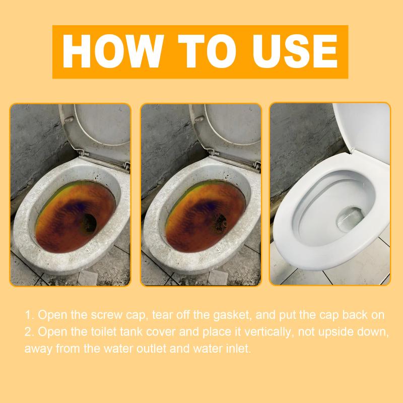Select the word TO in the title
(x=207, y=51)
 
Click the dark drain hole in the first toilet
(x=89, y=223)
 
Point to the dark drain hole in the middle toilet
(x=220, y=223)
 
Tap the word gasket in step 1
(x=232, y=315)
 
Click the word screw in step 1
(x=106, y=315)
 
